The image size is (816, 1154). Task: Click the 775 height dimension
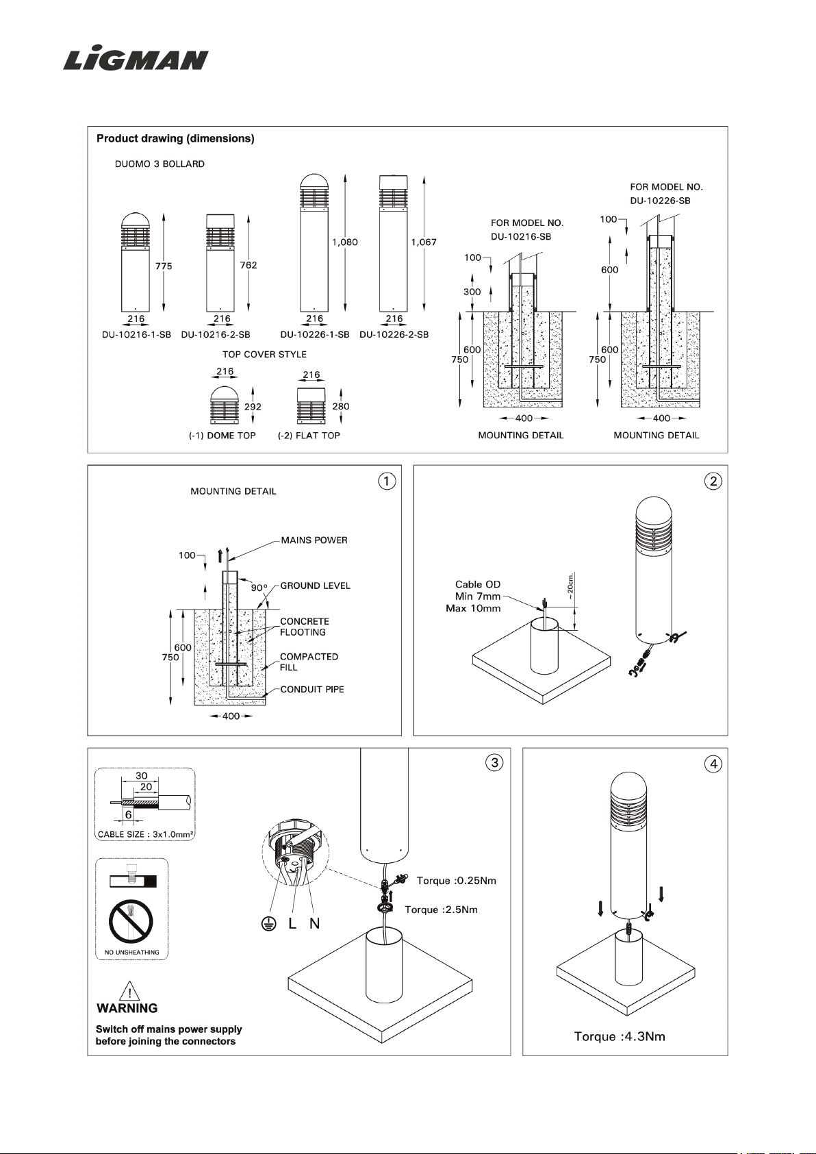click(x=164, y=266)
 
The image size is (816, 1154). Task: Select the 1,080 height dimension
click(x=345, y=242)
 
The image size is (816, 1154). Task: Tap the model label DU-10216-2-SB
click(x=216, y=334)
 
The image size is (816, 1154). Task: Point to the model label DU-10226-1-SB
click(x=315, y=334)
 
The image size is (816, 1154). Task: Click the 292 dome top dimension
click(x=253, y=407)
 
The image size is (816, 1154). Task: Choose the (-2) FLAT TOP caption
click(x=309, y=436)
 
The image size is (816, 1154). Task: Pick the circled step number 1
click(x=387, y=481)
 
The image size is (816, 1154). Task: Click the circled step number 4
click(x=713, y=764)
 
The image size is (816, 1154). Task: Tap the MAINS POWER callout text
click(x=314, y=540)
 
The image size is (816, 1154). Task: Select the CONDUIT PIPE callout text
click(x=312, y=689)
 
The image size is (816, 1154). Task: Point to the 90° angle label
click(x=259, y=588)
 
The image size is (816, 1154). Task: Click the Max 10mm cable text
click(x=473, y=608)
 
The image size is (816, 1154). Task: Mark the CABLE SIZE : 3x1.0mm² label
click(x=145, y=834)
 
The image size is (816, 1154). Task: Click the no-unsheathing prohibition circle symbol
click(x=131, y=921)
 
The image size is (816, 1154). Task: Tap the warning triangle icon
click(x=130, y=990)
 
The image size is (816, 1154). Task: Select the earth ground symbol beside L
click(x=267, y=924)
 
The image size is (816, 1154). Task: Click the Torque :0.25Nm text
click(x=457, y=881)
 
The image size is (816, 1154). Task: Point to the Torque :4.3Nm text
click(x=620, y=1036)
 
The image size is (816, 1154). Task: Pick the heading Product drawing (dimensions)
click(x=175, y=138)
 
